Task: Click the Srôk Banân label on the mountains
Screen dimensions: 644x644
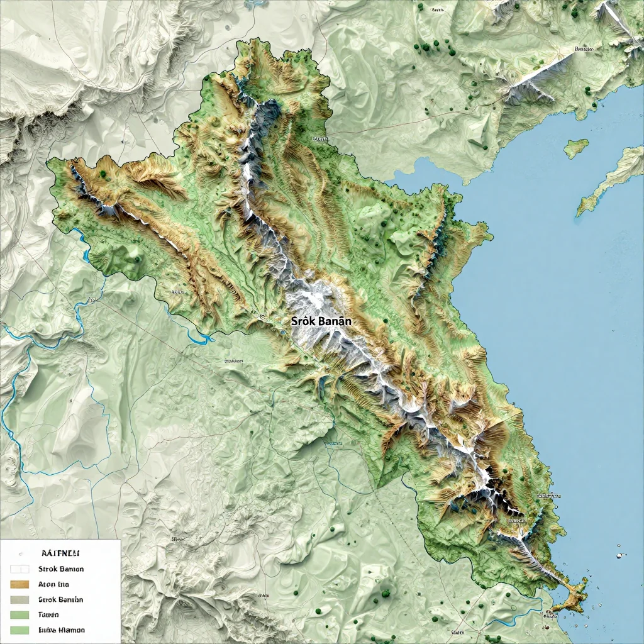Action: point(321,320)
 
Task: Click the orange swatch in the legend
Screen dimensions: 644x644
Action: point(19,584)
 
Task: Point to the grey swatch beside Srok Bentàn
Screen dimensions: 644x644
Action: point(19,599)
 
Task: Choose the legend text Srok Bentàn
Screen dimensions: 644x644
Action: point(60,599)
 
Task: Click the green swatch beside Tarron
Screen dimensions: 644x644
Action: point(19,614)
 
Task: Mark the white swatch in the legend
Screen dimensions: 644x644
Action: point(19,569)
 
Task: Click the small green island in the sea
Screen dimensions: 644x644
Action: point(576,148)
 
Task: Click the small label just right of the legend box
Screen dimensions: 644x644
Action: point(178,539)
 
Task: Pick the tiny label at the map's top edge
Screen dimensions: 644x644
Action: point(436,10)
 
